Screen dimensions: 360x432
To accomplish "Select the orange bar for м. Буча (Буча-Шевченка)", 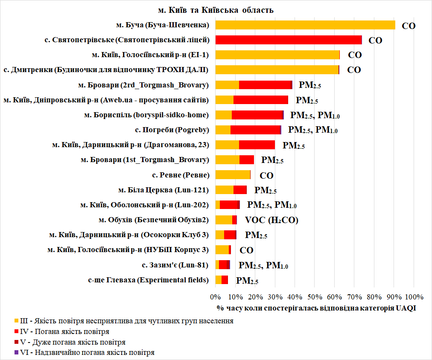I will (x=305, y=25).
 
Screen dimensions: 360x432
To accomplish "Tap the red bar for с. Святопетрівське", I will (x=288, y=40).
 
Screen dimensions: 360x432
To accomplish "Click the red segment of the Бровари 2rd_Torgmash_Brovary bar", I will (x=265, y=85).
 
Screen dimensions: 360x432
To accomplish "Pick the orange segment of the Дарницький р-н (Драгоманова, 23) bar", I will (x=227, y=145).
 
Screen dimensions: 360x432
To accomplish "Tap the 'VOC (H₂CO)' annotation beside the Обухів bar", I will (x=271, y=220).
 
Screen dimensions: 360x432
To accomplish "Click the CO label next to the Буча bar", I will (x=409, y=26).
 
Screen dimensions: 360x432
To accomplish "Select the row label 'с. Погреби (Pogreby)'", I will (x=172, y=130).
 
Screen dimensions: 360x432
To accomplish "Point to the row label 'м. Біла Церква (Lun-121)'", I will (x=163, y=189).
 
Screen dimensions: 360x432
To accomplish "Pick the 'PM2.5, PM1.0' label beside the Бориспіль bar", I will (x=315, y=115).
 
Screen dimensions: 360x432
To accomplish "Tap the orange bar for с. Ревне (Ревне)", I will (x=233, y=174).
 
